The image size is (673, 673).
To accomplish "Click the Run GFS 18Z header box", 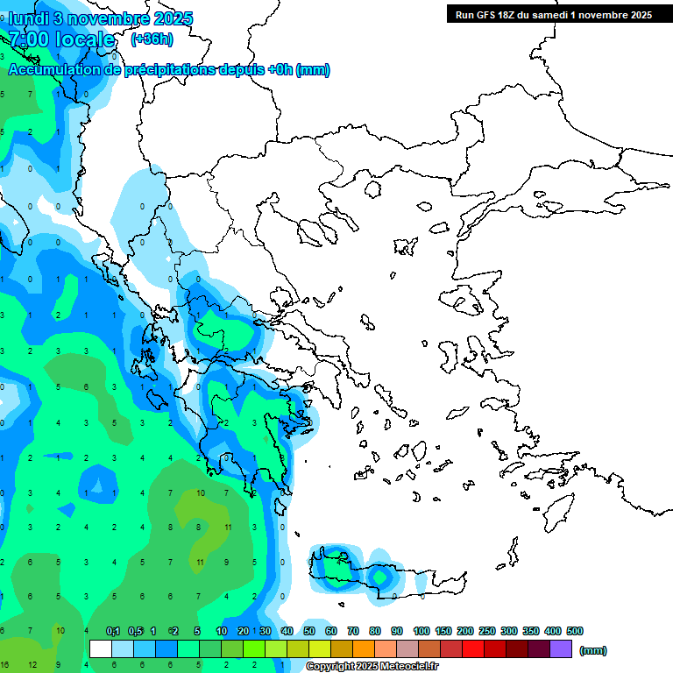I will pyautogui.click(x=554, y=14).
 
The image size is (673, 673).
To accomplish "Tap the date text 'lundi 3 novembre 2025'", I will pyautogui.click(x=101, y=18).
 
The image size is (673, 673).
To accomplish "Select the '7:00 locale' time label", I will pyautogui.click(x=61, y=39).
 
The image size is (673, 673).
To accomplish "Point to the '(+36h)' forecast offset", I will pyautogui.click(x=152, y=39).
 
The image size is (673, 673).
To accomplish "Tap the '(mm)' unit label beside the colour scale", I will pyautogui.click(x=593, y=650).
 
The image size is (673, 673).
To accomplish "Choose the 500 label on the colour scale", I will pyautogui.click(x=574, y=631).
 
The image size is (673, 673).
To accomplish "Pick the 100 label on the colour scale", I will pyautogui.click(x=422, y=631).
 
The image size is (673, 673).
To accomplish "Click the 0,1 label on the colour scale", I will pyautogui.click(x=113, y=631).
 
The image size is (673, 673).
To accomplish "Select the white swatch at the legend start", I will pyautogui.click(x=101, y=649).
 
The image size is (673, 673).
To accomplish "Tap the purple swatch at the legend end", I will pyautogui.click(x=561, y=649).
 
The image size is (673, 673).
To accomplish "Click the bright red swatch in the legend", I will pyautogui.click(x=473, y=649).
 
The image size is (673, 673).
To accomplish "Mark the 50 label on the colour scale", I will pyautogui.click(x=309, y=631).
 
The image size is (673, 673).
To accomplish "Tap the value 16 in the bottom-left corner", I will pyautogui.click(x=4, y=665).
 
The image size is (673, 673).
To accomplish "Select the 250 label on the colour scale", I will pyautogui.click(x=487, y=631).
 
